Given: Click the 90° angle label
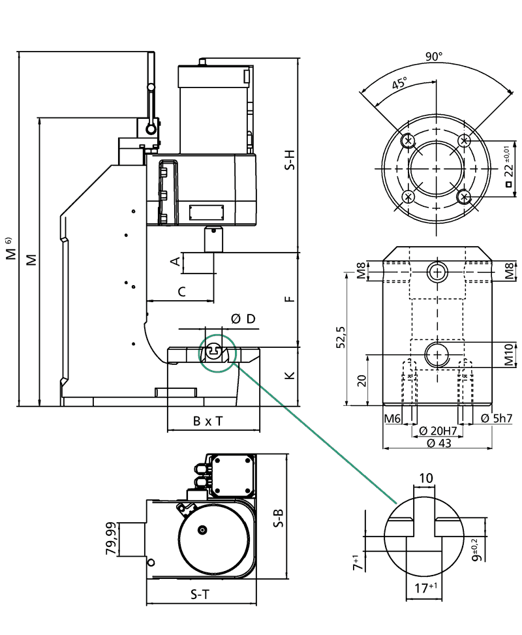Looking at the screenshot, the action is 434,56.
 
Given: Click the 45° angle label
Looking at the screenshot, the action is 399,83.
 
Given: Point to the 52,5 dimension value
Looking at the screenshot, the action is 341,337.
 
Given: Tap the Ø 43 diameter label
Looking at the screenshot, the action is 439,443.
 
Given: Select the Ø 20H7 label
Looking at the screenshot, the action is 438,431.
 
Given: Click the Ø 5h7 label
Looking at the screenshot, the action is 497,418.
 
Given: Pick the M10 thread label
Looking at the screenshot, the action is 509,354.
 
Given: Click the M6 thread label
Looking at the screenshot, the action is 392,418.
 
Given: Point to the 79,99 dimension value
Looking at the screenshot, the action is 112,538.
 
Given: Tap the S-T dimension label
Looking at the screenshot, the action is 200,595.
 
